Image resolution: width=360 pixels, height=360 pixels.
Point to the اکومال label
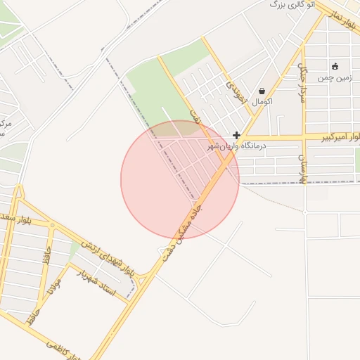[x=262, y=103]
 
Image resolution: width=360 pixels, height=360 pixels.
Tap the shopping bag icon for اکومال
[x=262, y=91]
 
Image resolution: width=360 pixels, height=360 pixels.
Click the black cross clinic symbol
[x=237, y=135]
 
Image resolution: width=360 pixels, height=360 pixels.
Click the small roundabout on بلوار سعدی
[x=52, y=226]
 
